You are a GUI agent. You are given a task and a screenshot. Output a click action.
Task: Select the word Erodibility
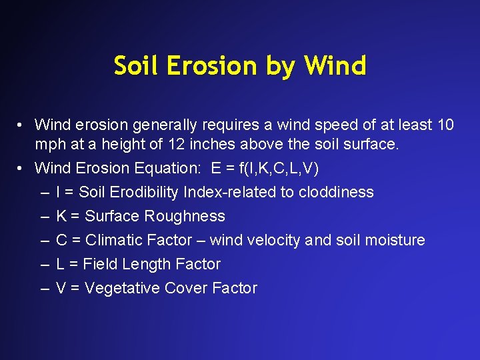[x=147, y=192]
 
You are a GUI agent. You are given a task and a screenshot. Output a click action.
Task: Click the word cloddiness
[x=336, y=192]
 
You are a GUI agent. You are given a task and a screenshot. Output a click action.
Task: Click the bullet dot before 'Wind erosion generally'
[x=22, y=125]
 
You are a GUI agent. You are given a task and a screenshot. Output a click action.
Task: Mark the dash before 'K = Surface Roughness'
[x=44, y=216]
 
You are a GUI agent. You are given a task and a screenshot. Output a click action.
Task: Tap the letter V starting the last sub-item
[x=61, y=288]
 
